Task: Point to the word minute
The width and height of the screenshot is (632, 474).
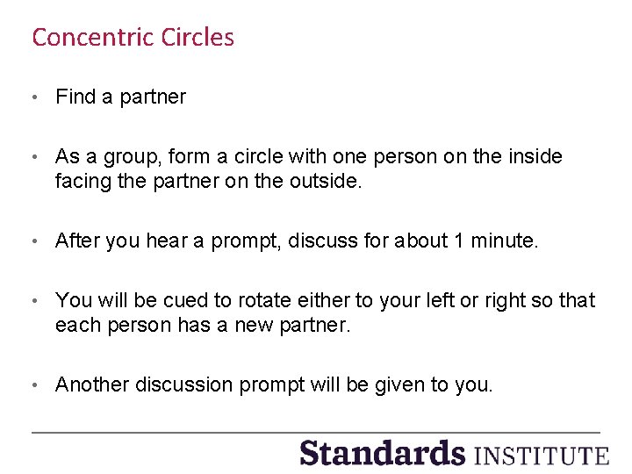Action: click(x=505, y=241)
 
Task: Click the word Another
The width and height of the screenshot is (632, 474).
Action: click(x=92, y=384)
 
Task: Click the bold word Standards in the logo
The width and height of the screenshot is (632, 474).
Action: click(x=382, y=453)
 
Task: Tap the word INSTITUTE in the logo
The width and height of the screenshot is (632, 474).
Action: click(x=541, y=456)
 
